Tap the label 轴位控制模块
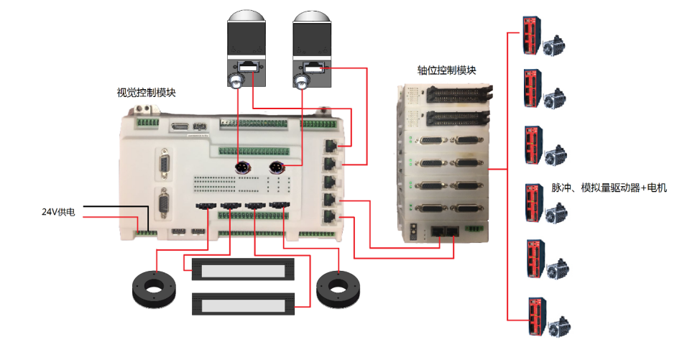click(x=446, y=70)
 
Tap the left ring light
click(x=152, y=287)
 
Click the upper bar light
click(x=242, y=270)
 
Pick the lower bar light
click(x=242, y=303)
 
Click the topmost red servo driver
click(x=532, y=33)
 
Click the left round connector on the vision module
click(x=243, y=167)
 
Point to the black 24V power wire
click(x=115, y=207)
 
